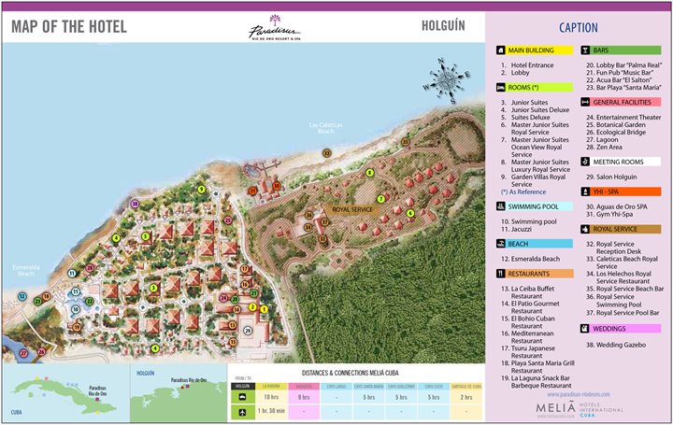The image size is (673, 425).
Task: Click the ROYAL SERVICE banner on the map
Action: point(353,210)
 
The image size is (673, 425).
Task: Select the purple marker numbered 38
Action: point(134,203)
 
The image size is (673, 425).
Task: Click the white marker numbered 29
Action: point(247,331)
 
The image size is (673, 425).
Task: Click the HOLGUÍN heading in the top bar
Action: point(445,25)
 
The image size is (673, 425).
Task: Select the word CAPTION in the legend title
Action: point(579,28)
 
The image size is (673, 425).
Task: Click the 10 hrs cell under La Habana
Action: point(272,397)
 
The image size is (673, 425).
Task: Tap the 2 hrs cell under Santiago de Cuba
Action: point(466,397)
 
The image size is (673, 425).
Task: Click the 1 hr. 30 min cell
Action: point(272,412)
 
